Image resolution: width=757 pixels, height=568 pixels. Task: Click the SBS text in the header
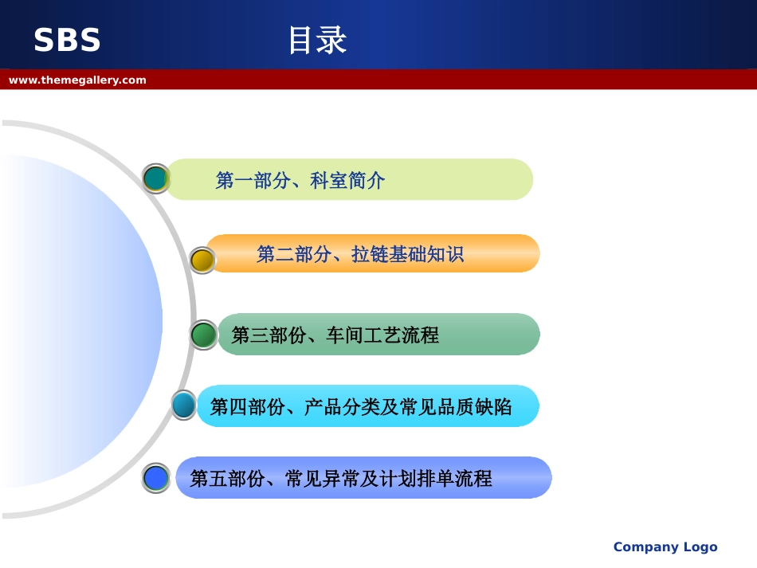click(67, 41)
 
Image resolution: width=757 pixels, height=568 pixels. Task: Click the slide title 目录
click(316, 41)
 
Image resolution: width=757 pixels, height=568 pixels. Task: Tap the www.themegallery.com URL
click(77, 80)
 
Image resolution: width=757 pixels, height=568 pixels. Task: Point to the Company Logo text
click(665, 546)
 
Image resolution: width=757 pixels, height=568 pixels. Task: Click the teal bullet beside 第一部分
click(155, 178)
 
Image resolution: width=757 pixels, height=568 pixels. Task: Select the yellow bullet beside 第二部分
click(202, 260)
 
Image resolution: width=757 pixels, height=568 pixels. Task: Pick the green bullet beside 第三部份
click(204, 335)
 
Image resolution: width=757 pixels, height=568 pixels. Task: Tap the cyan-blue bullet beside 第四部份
click(183, 405)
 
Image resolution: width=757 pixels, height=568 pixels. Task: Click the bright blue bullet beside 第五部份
click(156, 478)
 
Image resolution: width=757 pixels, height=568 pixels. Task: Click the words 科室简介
click(347, 181)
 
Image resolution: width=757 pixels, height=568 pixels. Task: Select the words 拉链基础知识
click(407, 255)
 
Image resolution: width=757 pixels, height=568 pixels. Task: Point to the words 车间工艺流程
click(382, 335)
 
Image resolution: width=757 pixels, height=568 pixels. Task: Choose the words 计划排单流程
click(444, 479)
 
